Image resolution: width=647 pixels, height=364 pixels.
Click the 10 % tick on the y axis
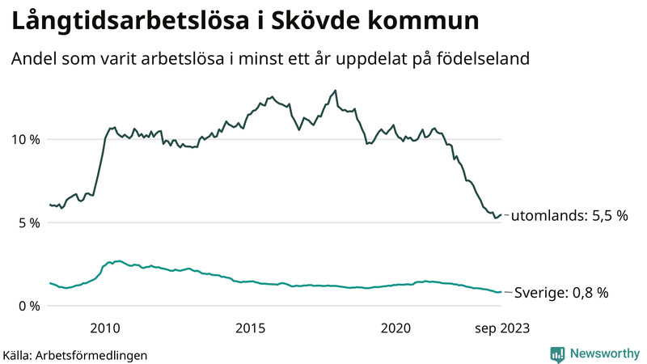tap(24, 139)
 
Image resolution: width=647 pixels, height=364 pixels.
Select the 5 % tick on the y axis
tap(27, 222)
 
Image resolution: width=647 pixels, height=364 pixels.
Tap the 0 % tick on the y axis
tap(27, 306)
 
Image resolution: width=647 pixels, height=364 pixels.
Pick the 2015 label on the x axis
tap(251, 328)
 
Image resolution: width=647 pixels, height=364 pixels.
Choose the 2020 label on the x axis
tap(396, 328)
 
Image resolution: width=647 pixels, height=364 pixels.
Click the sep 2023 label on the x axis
tap(501, 328)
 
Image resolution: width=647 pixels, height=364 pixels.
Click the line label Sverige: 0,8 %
tap(561, 293)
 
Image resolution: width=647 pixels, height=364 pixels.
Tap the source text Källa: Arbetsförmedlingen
tap(75, 354)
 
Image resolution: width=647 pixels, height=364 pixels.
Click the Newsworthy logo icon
tap(557, 353)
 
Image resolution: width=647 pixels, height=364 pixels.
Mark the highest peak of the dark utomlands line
tap(335, 91)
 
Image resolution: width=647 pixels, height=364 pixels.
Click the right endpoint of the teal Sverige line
tap(501, 292)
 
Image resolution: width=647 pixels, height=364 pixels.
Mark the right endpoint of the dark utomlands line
tap(501, 215)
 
